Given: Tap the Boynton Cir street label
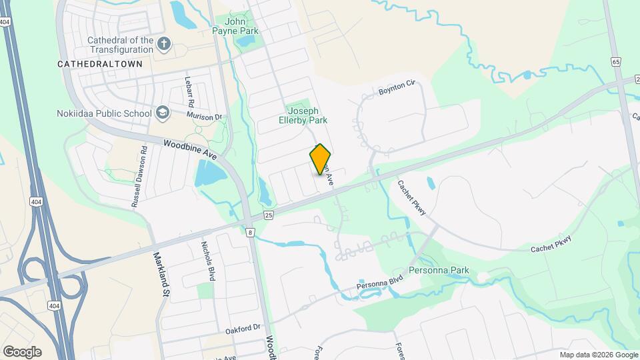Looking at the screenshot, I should [x=397, y=87].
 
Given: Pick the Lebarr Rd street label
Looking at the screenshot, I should [x=189, y=91].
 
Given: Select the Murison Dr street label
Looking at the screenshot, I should [x=204, y=117].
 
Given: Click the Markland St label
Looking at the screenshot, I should [x=161, y=273].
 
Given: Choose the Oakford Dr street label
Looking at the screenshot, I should [x=243, y=327].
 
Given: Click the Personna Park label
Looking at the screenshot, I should [x=439, y=271].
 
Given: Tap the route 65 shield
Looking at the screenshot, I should [x=615, y=61].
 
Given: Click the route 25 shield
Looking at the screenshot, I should [x=269, y=215].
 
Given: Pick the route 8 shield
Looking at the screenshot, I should [x=250, y=232].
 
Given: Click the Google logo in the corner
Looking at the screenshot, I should [x=22, y=351].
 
